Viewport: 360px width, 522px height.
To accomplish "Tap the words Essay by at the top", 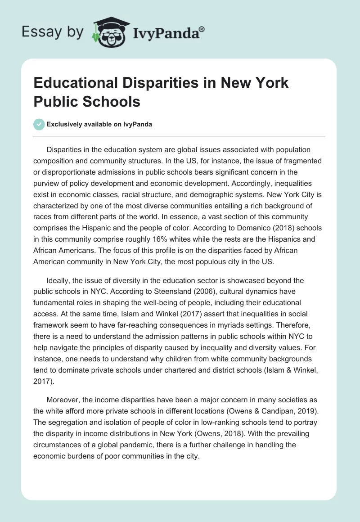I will (52, 31).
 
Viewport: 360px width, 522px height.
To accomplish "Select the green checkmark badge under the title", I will (40, 124).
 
